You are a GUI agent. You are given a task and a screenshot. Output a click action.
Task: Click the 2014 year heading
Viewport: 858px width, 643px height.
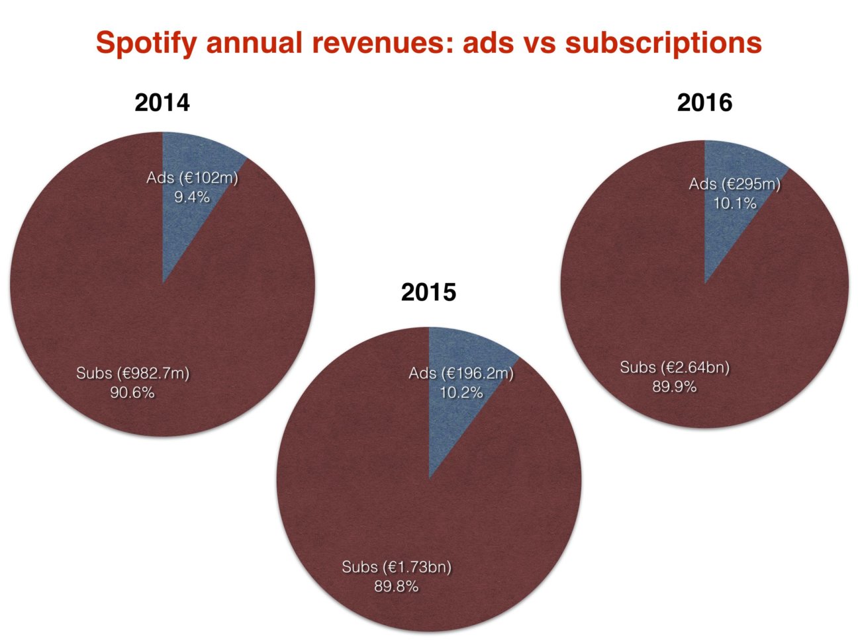pos(162,103)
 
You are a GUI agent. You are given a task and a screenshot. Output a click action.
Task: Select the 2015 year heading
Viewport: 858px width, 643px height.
pos(428,292)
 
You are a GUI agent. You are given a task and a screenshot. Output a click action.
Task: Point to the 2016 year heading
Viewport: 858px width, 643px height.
pos(704,103)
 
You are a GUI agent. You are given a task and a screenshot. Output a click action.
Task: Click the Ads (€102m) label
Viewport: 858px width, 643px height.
pos(192,178)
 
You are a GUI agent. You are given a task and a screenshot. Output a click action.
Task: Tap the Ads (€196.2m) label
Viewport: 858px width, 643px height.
pos(461,374)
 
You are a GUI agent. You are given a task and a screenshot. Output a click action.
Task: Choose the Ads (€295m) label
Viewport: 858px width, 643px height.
pos(734,185)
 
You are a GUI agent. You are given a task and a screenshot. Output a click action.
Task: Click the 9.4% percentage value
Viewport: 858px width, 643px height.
pos(192,196)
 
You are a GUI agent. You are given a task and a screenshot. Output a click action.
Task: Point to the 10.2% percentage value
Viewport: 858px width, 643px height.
pos(461,392)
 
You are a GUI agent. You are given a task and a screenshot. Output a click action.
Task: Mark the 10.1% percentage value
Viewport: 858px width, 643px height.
pos(734,204)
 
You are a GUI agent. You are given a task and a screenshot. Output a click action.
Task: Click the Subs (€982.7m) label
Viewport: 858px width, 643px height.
pos(132,374)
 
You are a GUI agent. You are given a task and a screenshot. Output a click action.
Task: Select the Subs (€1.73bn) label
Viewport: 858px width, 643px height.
pos(397,568)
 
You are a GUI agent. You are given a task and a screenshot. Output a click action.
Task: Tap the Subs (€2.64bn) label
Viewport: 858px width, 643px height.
pos(675,368)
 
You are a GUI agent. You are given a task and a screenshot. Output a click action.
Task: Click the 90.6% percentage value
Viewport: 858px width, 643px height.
pos(132,393)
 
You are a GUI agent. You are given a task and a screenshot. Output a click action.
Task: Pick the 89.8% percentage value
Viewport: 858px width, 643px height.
pos(397,586)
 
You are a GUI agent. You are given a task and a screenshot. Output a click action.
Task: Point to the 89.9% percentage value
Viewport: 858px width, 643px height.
pos(675,387)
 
